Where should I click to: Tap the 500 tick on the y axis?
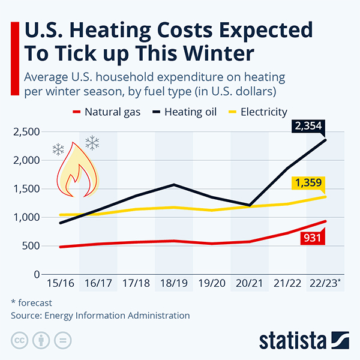(29, 246)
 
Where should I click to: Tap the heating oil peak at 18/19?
(174, 185)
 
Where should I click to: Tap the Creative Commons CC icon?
(20, 340)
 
